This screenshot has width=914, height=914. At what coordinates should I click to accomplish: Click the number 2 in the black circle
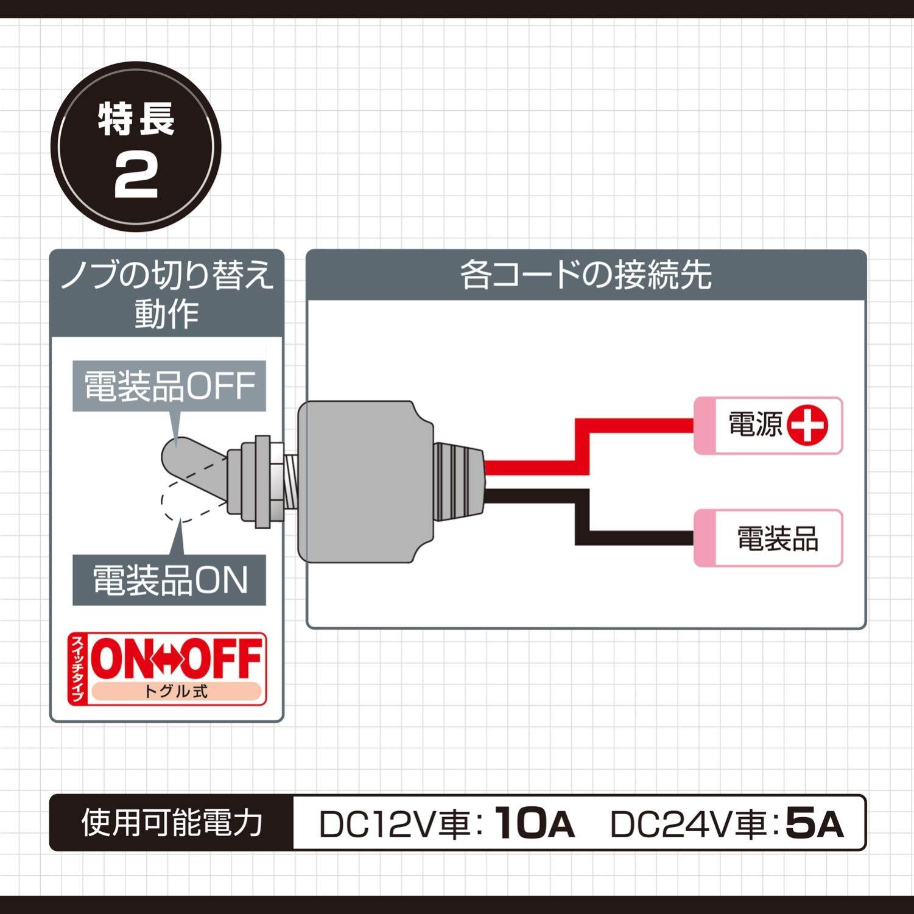tap(136, 178)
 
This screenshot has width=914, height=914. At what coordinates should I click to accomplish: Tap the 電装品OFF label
tap(169, 386)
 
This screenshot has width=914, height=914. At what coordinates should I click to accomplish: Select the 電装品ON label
tap(169, 580)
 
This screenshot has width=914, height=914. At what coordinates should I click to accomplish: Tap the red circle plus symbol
tap(807, 425)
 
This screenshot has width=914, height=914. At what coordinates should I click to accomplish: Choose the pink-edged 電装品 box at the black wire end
tap(768, 538)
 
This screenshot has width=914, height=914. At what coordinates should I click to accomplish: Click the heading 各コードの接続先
tap(585, 275)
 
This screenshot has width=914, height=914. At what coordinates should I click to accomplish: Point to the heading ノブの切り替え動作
tap(166, 294)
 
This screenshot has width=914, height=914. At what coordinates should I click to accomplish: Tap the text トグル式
tap(176, 692)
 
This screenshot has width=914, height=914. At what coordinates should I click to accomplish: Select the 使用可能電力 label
tap(172, 823)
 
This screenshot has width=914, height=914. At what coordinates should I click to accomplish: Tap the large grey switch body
tap(359, 481)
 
